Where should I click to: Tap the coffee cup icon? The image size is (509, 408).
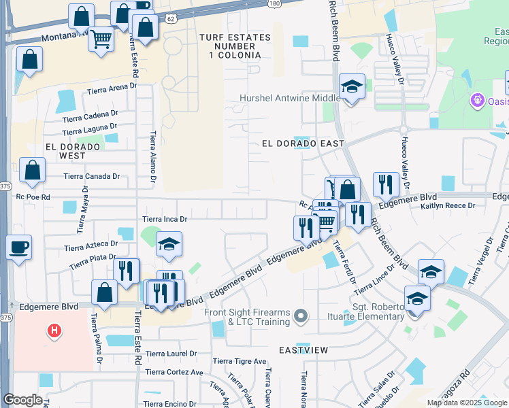coord(19,247)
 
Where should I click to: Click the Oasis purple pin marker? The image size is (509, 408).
coord(477,101)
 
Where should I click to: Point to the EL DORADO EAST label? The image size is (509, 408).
coord(303,144)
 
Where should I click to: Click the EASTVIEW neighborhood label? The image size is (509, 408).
coord(303,350)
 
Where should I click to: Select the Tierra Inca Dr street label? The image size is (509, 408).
coord(164,219)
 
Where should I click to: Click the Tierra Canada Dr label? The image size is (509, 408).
coord(91,176)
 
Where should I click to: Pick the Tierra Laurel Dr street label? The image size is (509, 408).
coord(171,354)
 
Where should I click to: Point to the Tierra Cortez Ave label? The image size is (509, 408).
coord(174,373)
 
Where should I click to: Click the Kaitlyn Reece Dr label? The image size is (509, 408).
coord(446,205)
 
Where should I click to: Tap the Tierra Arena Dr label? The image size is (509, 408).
coord(112,88)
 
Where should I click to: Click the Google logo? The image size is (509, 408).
coord(22,400)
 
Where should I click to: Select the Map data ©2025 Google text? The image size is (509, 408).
coord(467,403)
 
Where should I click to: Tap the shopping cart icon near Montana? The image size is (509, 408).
coord(101,40)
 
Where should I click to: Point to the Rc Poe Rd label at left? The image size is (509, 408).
coord(33,197)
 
